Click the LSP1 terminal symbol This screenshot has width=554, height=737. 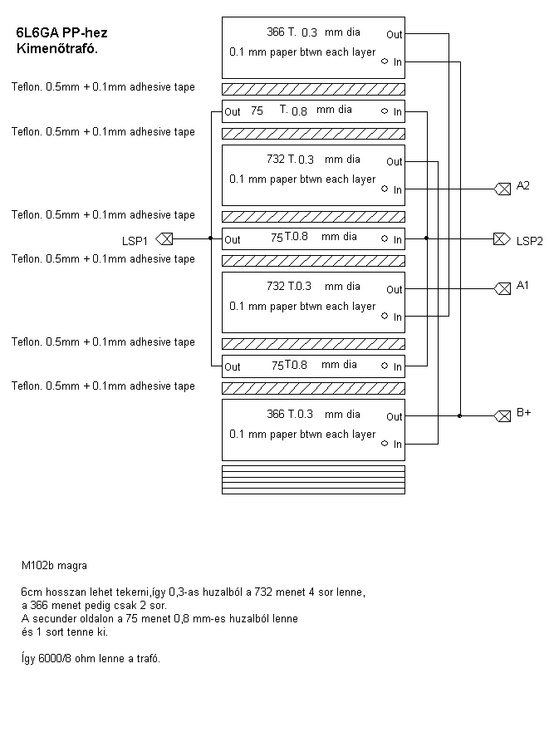tap(164, 238)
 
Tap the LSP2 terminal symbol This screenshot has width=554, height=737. tap(501, 238)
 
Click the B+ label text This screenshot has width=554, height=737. tap(523, 412)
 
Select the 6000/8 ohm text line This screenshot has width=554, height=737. tap(91, 658)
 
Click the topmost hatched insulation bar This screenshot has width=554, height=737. tap(313, 89)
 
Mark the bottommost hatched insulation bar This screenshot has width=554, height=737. tap(313, 388)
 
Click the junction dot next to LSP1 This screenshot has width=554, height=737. tap(210, 238)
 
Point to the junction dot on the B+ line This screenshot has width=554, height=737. tap(459, 415)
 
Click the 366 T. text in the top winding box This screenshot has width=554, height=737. tap(282, 32)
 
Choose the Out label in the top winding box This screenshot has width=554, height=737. tap(394, 35)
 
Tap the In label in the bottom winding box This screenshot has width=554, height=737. tap(398, 445)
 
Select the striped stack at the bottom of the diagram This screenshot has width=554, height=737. tap(313, 479)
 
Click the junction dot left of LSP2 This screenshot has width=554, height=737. tap(426, 238)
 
